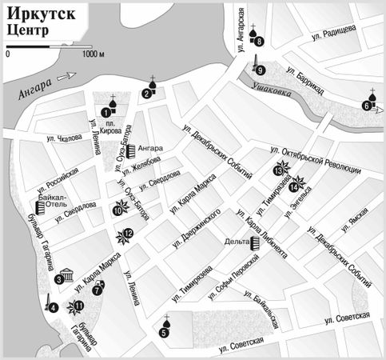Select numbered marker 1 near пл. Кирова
click(105, 113)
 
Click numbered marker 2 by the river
click(146, 94)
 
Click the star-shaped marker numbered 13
click(278, 169)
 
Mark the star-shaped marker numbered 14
click(295, 186)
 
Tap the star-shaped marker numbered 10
click(118, 211)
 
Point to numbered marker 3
click(59, 279)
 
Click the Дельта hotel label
click(237, 241)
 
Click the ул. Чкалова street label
click(65, 138)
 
